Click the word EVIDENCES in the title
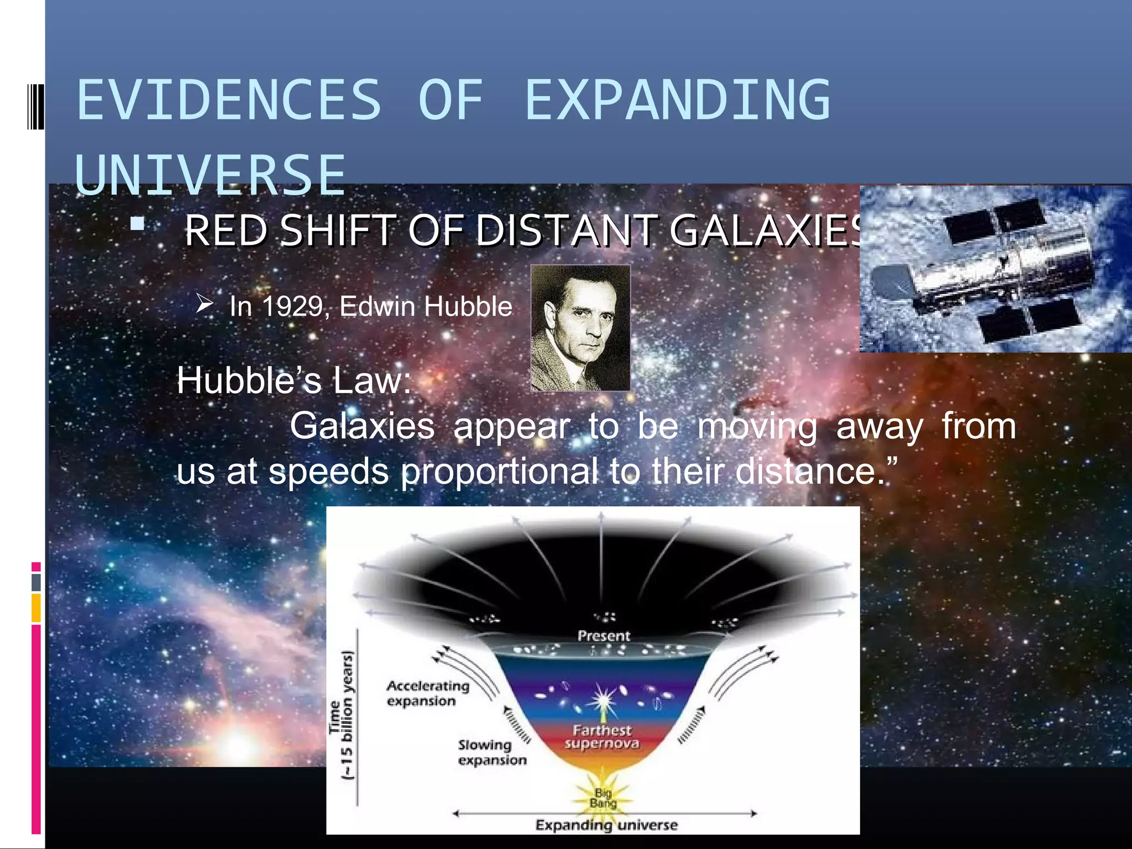[229, 101]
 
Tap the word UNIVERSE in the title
[210, 176]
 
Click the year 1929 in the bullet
[292, 307]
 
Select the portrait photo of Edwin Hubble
[580, 328]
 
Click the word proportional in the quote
[499, 471]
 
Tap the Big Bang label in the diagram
[603, 798]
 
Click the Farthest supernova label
[602, 737]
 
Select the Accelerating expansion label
[427, 693]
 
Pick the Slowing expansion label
[491, 752]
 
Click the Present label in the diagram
[604, 636]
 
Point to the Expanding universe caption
[606, 825]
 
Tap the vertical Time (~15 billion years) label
[341, 716]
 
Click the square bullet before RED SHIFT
[137, 224]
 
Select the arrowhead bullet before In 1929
[205, 303]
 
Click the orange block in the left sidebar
[36, 607]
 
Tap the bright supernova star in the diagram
[601, 701]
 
